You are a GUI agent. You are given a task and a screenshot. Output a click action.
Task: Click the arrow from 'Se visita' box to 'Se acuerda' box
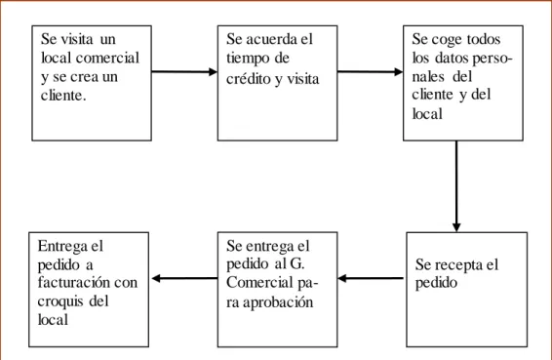pyautogui.click(x=184, y=72)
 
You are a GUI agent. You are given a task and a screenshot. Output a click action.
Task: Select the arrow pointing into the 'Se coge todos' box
pyautogui.click(x=370, y=72)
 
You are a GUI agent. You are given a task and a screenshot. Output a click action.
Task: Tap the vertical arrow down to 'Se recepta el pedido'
pyautogui.click(x=456, y=186)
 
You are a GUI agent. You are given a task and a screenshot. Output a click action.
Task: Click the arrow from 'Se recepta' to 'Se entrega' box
pyautogui.click(x=371, y=278)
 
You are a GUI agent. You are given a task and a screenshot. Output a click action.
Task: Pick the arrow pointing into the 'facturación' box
pyautogui.click(x=185, y=278)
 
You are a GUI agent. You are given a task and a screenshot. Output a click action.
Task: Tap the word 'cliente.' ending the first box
pyautogui.click(x=63, y=95)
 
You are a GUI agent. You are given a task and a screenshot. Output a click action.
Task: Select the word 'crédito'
pyautogui.click(x=249, y=79)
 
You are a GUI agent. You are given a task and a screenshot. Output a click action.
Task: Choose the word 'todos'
pyautogui.click(x=484, y=39)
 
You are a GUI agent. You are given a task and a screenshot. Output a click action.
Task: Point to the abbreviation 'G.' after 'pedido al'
pyautogui.click(x=297, y=263)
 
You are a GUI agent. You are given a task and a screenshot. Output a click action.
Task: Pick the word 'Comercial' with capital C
pyautogui.click(x=259, y=283)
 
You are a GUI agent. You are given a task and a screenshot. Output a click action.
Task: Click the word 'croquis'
pyautogui.click(x=60, y=302)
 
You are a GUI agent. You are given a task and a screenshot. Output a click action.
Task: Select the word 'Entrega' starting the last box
pyautogui.click(x=62, y=247)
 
